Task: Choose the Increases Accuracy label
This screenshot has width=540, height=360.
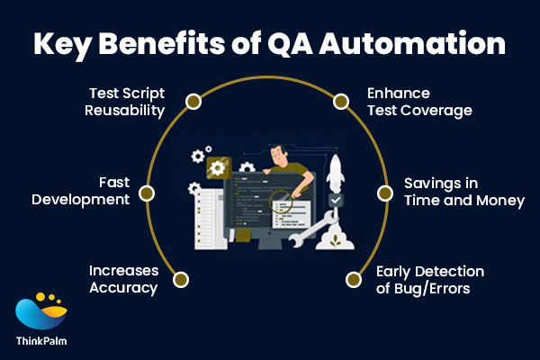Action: pyautogui.click(x=123, y=279)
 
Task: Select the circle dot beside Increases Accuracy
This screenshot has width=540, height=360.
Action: pyautogui.click(x=180, y=279)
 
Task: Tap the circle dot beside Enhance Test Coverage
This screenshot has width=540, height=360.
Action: pyautogui.click(x=341, y=101)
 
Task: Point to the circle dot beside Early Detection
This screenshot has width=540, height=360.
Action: pyautogui.click(x=352, y=279)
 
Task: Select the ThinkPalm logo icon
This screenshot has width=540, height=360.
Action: pyautogui.click(x=41, y=310)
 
